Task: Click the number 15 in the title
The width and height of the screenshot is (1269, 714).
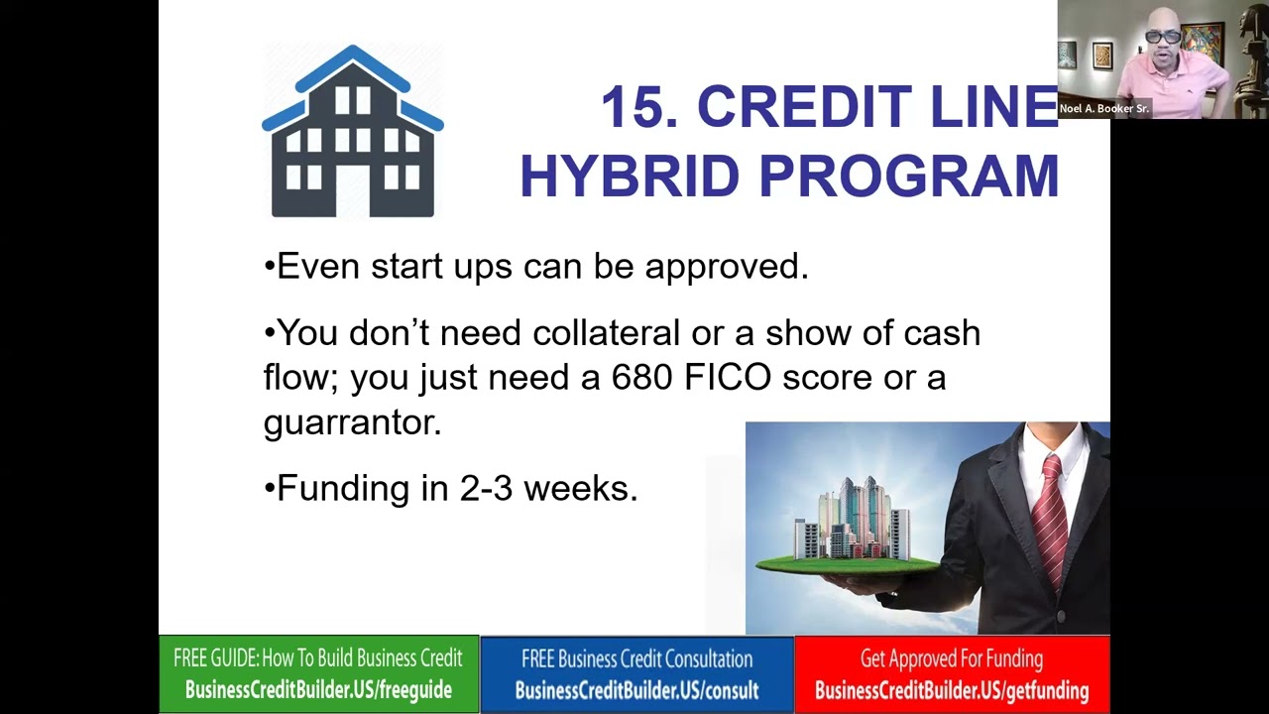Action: click(638, 107)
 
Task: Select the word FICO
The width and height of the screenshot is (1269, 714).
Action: click(728, 378)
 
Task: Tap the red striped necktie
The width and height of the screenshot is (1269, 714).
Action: click(1050, 516)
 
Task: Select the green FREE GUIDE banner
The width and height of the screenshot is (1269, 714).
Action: click(318, 674)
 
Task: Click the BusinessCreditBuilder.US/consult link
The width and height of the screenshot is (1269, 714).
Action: click(636, 691)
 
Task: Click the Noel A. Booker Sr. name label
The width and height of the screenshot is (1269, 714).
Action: click(1103, 109)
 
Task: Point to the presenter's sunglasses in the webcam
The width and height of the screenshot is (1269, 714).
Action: click(1163, 37)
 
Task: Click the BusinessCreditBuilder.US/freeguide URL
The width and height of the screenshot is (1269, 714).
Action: click(318, 691)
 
